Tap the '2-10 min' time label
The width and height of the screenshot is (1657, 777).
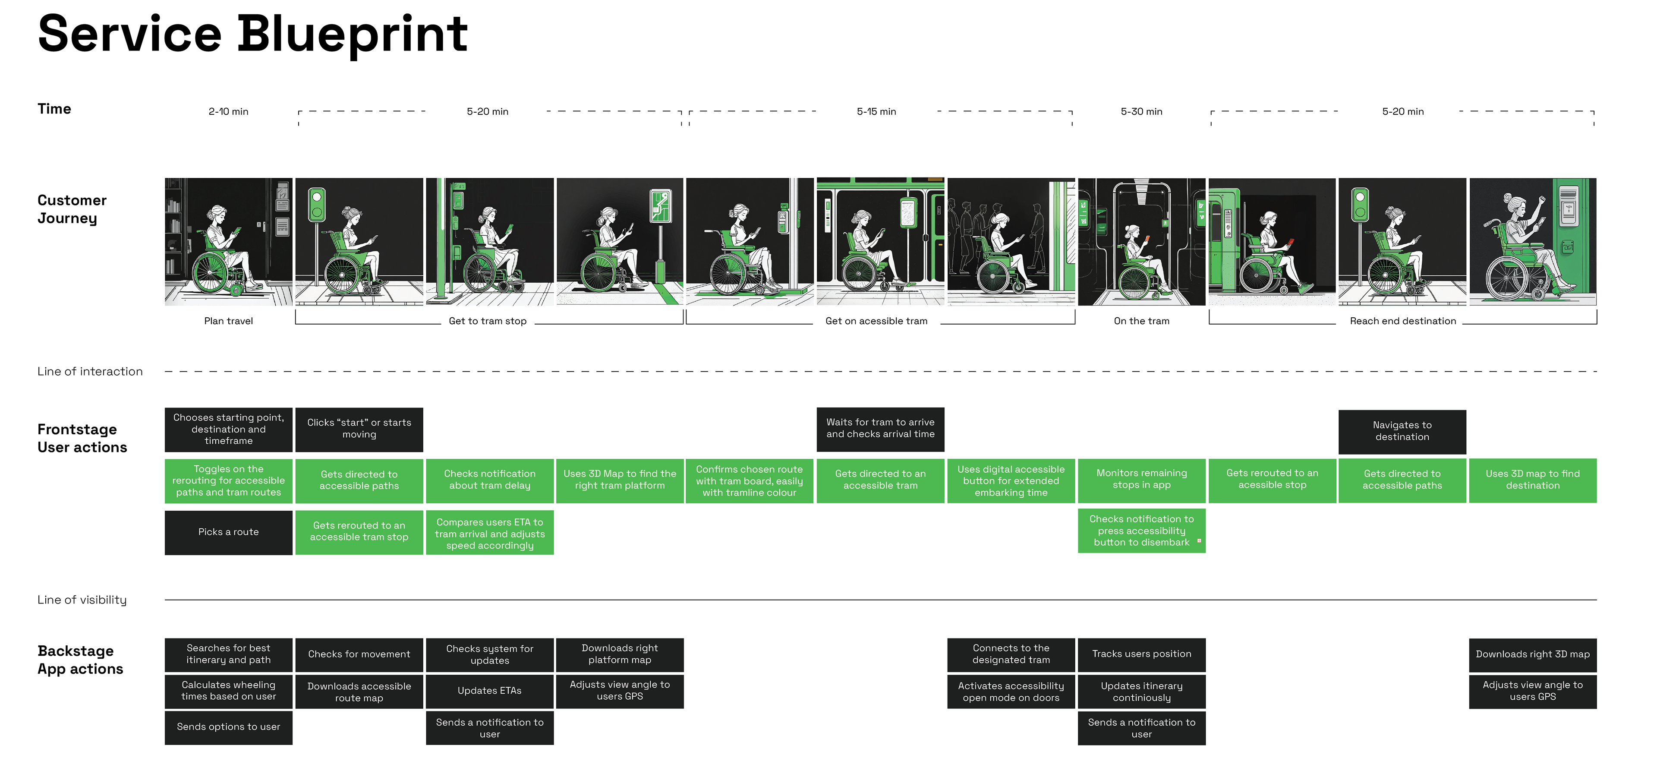(x=228, y=112)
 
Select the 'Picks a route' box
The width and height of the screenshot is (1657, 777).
(x=228, y=532)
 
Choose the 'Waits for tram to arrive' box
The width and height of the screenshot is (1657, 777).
(x=880, y=428)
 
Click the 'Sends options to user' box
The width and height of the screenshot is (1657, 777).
(x=228, y=727)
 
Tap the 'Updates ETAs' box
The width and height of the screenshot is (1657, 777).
(x=489, y=691)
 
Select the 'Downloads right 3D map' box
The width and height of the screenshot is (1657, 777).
(x=1532, y=654)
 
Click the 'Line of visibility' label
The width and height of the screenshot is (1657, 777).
(x=82, y=600)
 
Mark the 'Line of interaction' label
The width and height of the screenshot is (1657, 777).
(x=90, y=372)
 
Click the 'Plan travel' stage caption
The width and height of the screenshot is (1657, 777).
(x=228, y=321)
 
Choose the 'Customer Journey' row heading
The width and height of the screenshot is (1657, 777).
(x=72, y=209)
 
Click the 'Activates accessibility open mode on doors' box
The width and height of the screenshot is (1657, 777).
(x=1011, y=692)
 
